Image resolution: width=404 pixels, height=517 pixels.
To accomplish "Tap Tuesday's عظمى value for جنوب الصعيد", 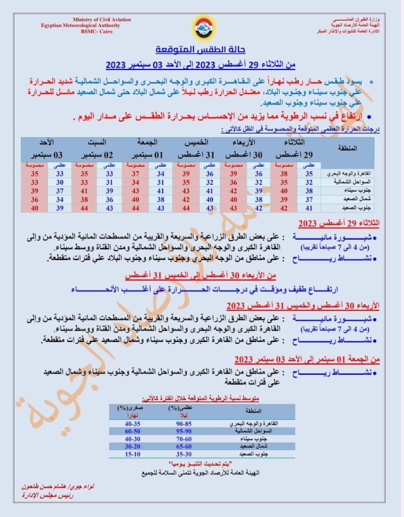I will (309, 208).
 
